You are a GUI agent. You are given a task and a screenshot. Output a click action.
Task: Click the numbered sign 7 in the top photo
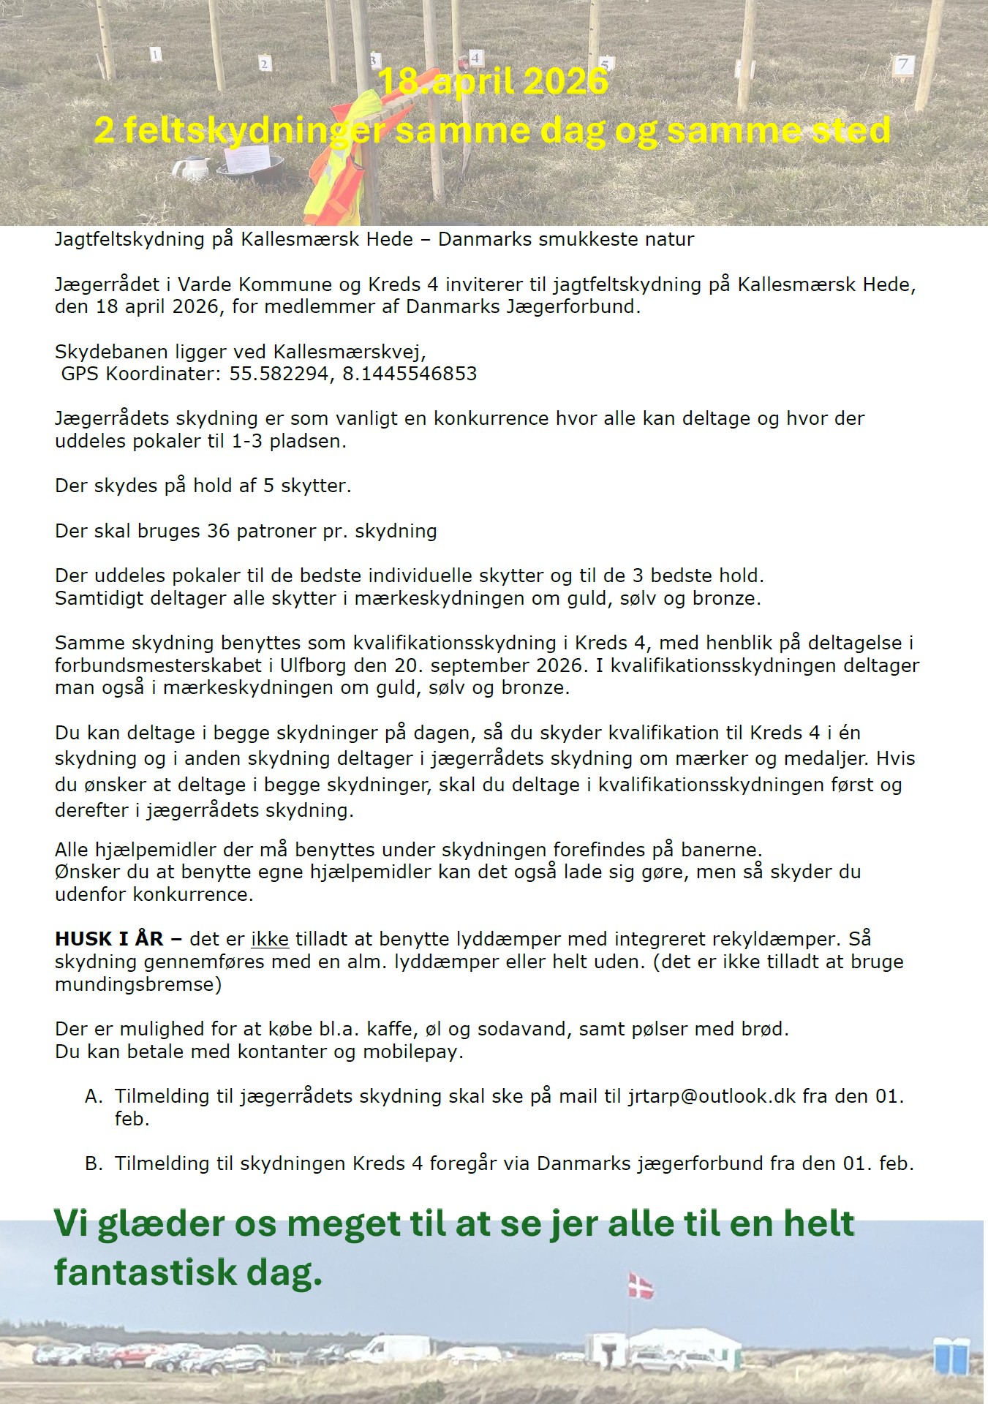point(903,64)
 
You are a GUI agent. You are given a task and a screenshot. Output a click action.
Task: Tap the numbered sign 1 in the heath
point(155,53)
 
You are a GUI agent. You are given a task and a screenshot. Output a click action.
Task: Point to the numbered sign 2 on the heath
point(265,64)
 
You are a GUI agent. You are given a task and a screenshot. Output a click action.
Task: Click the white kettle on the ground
point(192,168)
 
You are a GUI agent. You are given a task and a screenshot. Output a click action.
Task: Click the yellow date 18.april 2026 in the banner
point(494,81)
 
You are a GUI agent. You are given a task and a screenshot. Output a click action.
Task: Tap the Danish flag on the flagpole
point(641,1285)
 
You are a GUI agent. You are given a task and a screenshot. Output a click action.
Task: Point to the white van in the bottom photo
point(391,1349)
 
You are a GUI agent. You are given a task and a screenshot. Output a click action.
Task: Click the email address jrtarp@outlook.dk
point(712,1096)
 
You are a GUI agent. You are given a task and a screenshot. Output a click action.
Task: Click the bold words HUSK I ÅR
point(109,939)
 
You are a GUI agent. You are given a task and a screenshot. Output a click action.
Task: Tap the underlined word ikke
point(269,939)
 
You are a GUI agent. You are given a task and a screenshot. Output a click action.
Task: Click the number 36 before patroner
point(218,531)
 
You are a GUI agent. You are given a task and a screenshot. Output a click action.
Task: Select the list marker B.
point(94,1163)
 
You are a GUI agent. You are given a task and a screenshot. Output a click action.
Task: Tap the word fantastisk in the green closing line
point(146,1272)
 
